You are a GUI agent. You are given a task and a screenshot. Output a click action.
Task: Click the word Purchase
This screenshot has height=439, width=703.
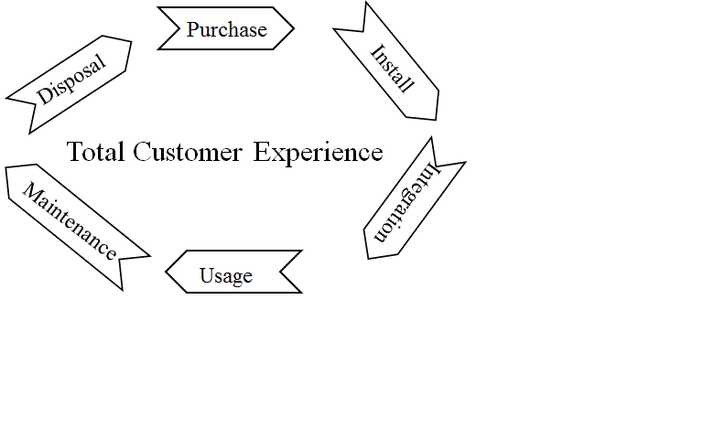pos(227,29)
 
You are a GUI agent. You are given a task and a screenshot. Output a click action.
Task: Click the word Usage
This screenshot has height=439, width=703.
pos(226,275)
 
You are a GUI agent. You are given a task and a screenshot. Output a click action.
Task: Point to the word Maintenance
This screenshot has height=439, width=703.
pos(70,221)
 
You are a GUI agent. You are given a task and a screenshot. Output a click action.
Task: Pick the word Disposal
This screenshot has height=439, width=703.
pos(71,79)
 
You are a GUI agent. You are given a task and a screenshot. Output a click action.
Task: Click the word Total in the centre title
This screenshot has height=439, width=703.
pos(96,152)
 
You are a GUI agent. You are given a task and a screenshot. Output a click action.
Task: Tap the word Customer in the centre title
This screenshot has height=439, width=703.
pos(188,152)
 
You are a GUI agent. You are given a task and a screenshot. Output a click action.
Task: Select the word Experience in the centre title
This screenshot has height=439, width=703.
pos(318,152)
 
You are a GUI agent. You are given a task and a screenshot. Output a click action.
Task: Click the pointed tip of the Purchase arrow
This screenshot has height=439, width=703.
pos(293,28)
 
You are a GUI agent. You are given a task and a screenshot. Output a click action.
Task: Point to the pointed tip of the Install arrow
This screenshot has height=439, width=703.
pos(435,118)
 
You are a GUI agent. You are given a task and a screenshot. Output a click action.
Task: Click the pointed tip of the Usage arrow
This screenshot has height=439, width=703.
pos(167,272)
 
